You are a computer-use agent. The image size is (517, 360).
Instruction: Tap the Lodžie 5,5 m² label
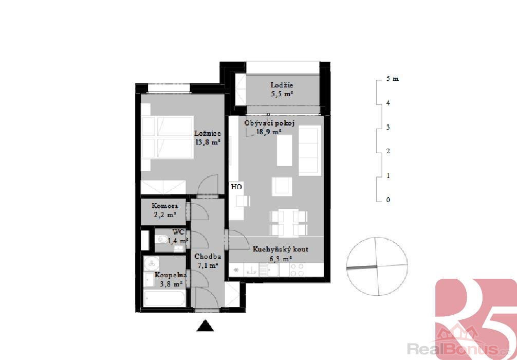(x=282, y=89)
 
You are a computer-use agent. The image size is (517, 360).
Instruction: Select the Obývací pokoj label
(x=269, y=123)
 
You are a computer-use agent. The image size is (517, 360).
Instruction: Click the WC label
(x=178, y=232)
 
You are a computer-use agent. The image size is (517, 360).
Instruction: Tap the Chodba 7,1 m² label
(x=208, y=260)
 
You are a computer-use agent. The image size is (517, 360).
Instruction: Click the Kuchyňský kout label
(x=281, y=249)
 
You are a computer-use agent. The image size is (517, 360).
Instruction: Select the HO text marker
(x=236, y=187)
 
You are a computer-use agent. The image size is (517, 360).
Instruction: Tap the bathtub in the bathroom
(x=164, y=299)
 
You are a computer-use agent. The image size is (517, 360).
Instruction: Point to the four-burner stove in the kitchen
(x=298, y=270)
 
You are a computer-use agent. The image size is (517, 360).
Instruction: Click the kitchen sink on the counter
(x=252, y=270)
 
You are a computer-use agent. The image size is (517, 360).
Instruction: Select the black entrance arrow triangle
(x=205, y=326)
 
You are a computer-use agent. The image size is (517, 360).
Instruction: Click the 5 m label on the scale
(x=392, y=79)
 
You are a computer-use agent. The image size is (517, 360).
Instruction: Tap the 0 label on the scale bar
(x=388, y=200)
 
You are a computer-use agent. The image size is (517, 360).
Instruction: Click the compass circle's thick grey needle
(x=362, y=267)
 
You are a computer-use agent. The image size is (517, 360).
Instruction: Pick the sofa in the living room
(x=310, y=151)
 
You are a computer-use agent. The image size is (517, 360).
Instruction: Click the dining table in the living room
(x=288, y=223)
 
